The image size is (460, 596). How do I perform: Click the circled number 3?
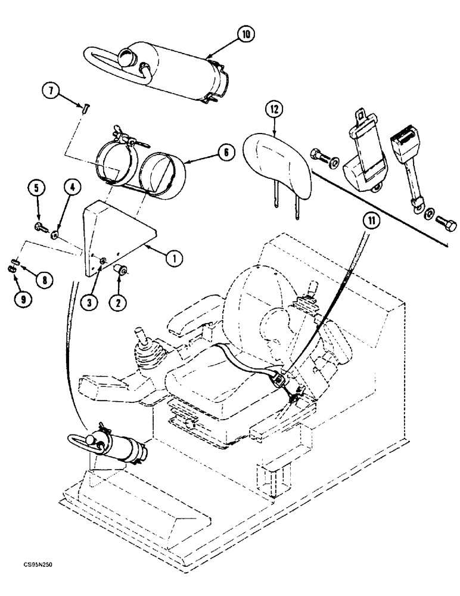coord(89,303)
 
